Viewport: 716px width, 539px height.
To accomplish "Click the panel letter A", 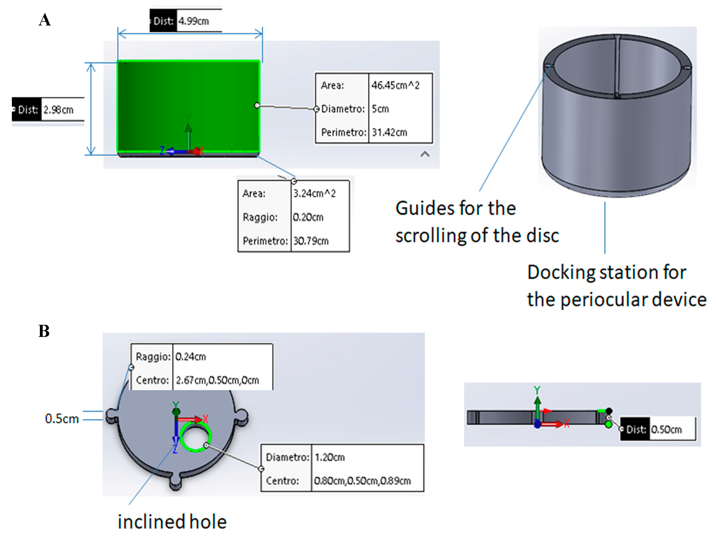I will (45, 20).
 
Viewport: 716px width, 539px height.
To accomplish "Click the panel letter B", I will (44, 331).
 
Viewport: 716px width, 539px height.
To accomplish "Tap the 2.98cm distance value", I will (59, 110).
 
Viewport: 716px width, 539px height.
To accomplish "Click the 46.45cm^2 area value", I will (395, 85).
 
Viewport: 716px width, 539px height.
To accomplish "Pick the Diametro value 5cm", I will (380, 109).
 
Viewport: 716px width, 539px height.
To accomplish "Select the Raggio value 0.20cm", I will (308, 217).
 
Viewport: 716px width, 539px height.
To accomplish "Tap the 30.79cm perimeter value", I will (311, 241).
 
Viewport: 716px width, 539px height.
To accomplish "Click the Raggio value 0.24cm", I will (190, 357).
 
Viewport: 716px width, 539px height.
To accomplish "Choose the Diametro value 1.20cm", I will (330, 458).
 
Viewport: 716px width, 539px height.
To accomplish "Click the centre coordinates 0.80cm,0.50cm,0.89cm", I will (362, 481).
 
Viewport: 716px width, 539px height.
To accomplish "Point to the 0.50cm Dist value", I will (666, 430).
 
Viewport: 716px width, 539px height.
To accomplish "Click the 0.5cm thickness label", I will (62, 419).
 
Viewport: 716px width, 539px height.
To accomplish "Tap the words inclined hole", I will (172, 522).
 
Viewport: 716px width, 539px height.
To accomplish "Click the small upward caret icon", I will (425, 154).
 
